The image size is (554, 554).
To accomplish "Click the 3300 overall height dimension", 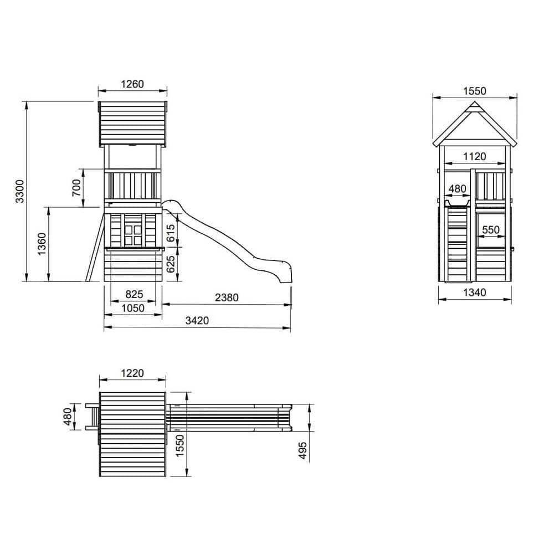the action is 20,191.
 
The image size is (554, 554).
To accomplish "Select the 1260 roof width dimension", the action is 132,84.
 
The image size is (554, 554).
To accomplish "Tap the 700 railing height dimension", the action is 76,188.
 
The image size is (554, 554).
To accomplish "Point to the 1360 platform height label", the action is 42,244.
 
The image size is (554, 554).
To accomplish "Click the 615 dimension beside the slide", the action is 171,233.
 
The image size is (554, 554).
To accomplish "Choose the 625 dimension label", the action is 171,264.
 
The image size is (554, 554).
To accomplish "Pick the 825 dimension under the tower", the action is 134,294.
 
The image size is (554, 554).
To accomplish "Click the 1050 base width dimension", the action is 133,309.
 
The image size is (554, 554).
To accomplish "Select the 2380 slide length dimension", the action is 227,297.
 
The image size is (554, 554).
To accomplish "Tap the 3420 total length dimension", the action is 197,320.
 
